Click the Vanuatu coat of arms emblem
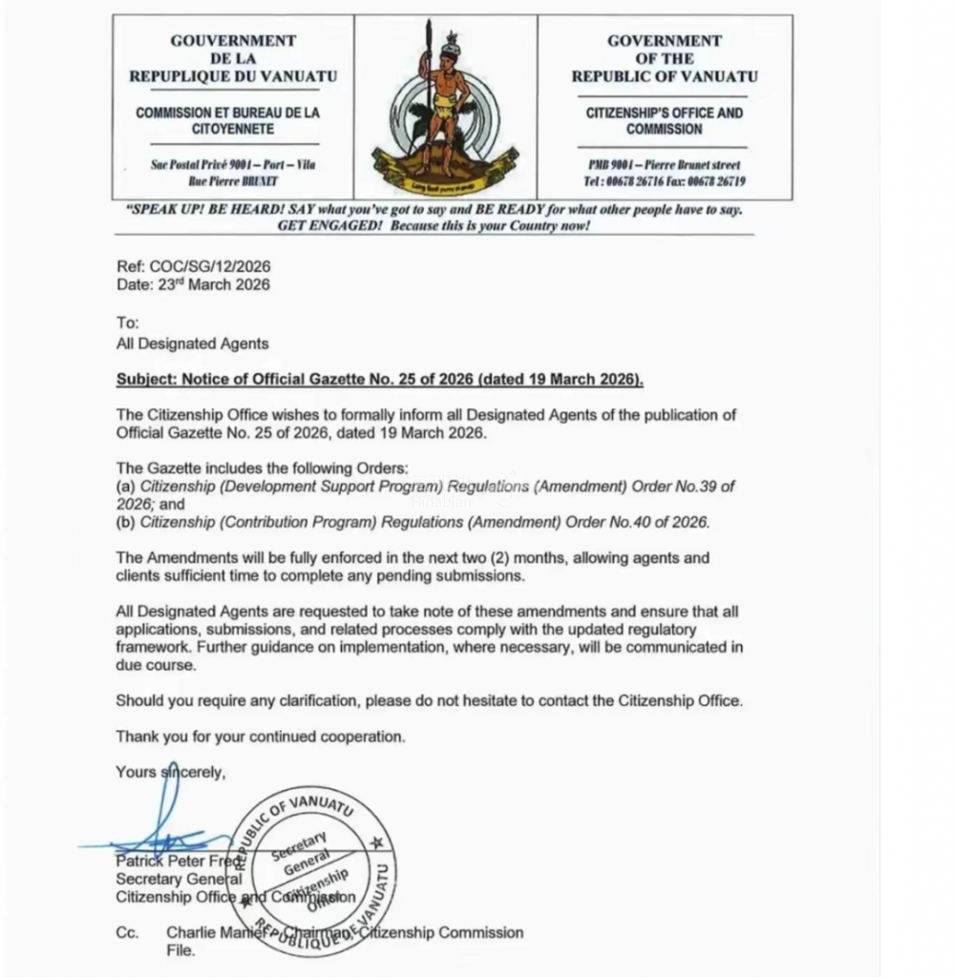pyautogui.click(x=445, y=107)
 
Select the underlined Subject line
pyautogui.click(x=380, y=380)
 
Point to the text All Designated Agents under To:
pyautogui.click(x=192, y=343)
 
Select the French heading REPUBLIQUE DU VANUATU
pyautogui.click(x=233, y=76)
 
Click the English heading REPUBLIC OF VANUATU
pyautogui.click(x=665, y=76)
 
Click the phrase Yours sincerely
pyautogui.click(x=171, y=772)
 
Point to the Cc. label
pyautogui.click(x=128, y=933)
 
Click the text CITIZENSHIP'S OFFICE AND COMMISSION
pyautogui.click(x=665, y=121)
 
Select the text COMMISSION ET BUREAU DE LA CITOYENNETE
pyautogui.click(x=227, y=120)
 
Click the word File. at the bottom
pyautogui.click(x=180, y=950)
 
